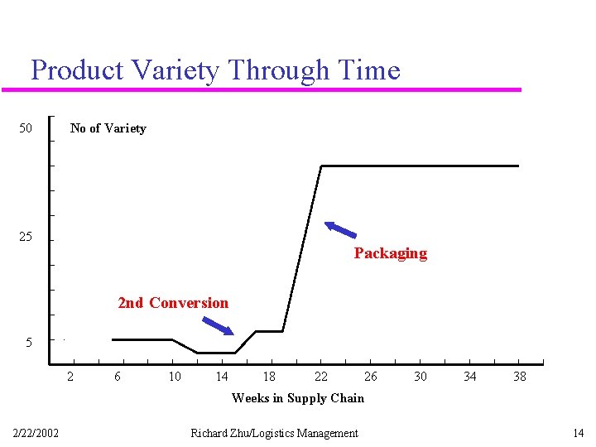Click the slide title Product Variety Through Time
click(x=215, y=70)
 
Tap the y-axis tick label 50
click(x=26, y=128)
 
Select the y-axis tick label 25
click(x=26, y=237)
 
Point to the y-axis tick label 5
click(x=29, y=342)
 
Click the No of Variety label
click(x=108, y=128)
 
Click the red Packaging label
click(x=390, y=253)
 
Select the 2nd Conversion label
click(x=173, y=303)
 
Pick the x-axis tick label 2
click(x=70, y=377)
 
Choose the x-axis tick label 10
click(x=175, y=377)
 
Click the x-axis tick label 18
click(x=269, y=377)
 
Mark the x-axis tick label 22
click(x=321, y=377)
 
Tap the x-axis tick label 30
click(x=421, y=377)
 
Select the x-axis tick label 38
click(x=520, y=377)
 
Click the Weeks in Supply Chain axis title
click(x=297, y=398)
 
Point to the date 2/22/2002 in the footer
click(x=36, y=433)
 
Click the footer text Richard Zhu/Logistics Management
click(x=274, y=433)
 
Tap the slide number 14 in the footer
click(x=578, y=433)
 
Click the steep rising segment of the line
click(x=302, y=248)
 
